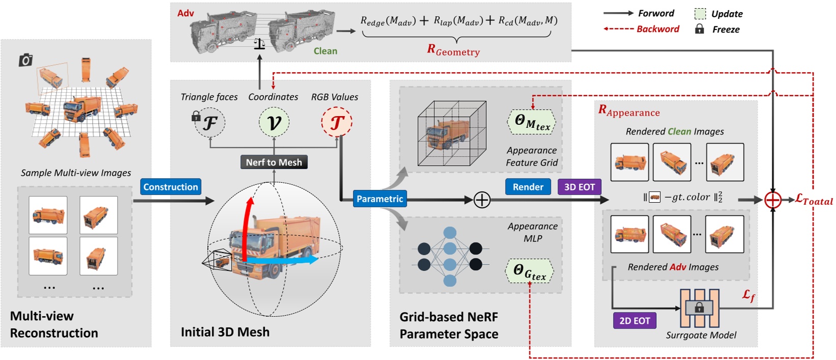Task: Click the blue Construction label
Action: pos(171,187)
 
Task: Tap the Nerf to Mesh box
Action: pos(274,162)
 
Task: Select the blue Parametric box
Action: pos(380,199)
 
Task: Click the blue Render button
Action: pos(528,187)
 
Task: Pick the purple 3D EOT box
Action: pos(579,187)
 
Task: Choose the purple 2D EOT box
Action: pos(634,321)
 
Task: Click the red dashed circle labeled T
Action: pos(337,122)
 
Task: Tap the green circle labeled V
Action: pos(274,122)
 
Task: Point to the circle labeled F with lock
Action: pos(210,122)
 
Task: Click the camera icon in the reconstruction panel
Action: pos(25,61)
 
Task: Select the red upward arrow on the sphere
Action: pos(248,224)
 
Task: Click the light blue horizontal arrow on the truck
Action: pos(285,260)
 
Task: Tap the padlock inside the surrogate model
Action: pos(699,308)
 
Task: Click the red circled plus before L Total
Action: pos(773,200)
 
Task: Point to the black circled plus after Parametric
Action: pos(482,200)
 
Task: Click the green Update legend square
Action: pos(700,14)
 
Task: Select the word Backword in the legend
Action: pos(658,29)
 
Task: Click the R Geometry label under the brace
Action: pos(453,50)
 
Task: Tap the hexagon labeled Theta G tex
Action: pos(530,271)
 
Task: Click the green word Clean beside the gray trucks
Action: pos(325,51)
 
